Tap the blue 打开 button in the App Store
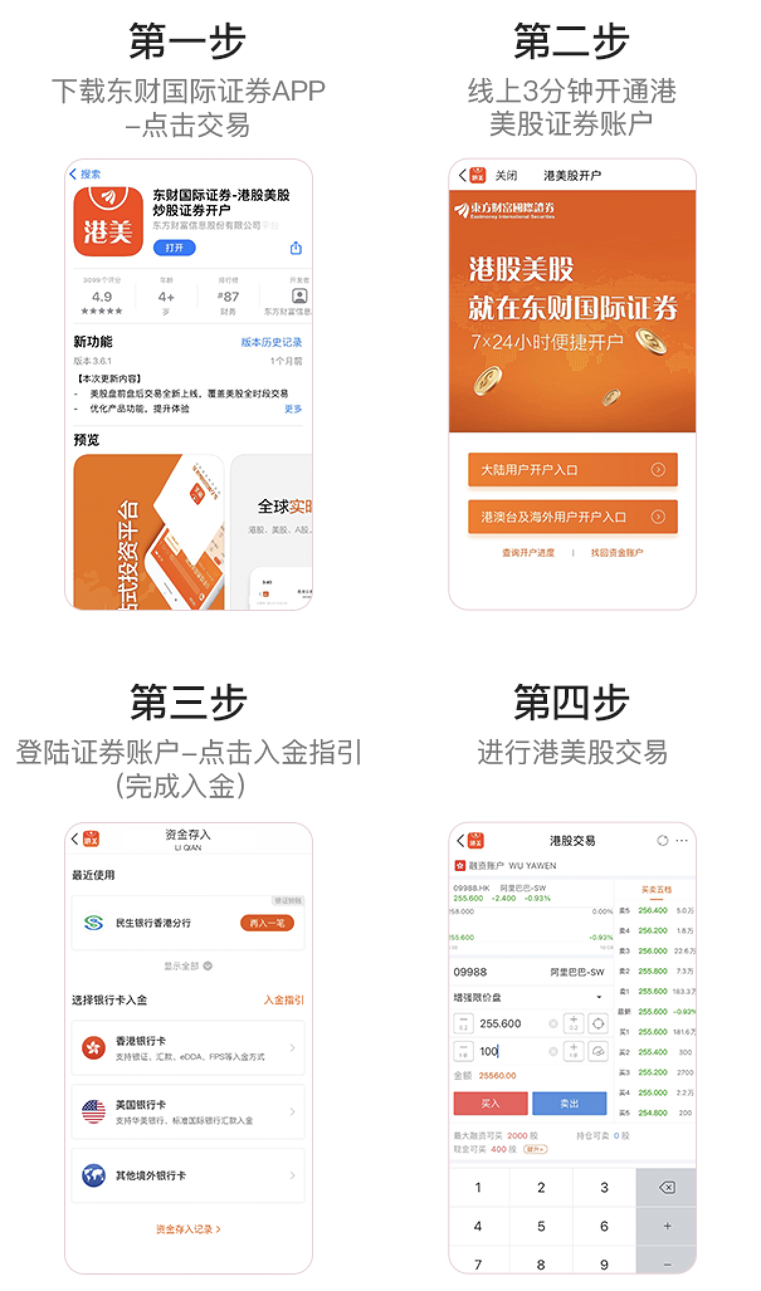174,248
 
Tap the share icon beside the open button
296,248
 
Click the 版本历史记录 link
271,342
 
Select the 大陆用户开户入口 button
572,470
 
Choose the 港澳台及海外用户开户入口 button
572,517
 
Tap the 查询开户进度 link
528,552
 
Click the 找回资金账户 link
616,552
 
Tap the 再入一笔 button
267,923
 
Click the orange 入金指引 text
284,999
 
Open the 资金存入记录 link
187,1229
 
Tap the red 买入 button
490,1103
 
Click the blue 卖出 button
569,1103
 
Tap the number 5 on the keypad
541,1226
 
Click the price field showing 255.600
509,1023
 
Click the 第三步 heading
187,702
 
